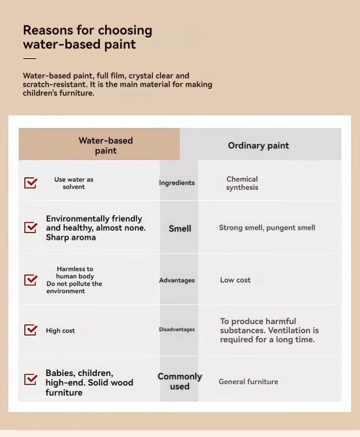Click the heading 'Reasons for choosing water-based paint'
click(87, 37)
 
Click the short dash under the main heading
click(30, 59)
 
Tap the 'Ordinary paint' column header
click(258, 146)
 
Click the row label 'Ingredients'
click(177, 183)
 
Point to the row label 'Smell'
click(180, 229)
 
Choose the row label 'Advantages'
click(177, 280)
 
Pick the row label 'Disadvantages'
click(177, 330)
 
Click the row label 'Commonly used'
click(180, 381)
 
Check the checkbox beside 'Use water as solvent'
click(31, 183)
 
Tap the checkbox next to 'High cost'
click(31, 330)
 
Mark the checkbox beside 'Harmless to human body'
click(31, 279)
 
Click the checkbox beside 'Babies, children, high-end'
click(31, 379)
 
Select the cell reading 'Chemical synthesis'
click(242, 183)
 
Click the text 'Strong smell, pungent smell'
click(267, 228)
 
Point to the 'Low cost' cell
click(235, 280)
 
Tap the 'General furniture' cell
click(248, 382)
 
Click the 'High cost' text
click(60, 331)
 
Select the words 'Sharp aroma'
click(71, 238)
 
